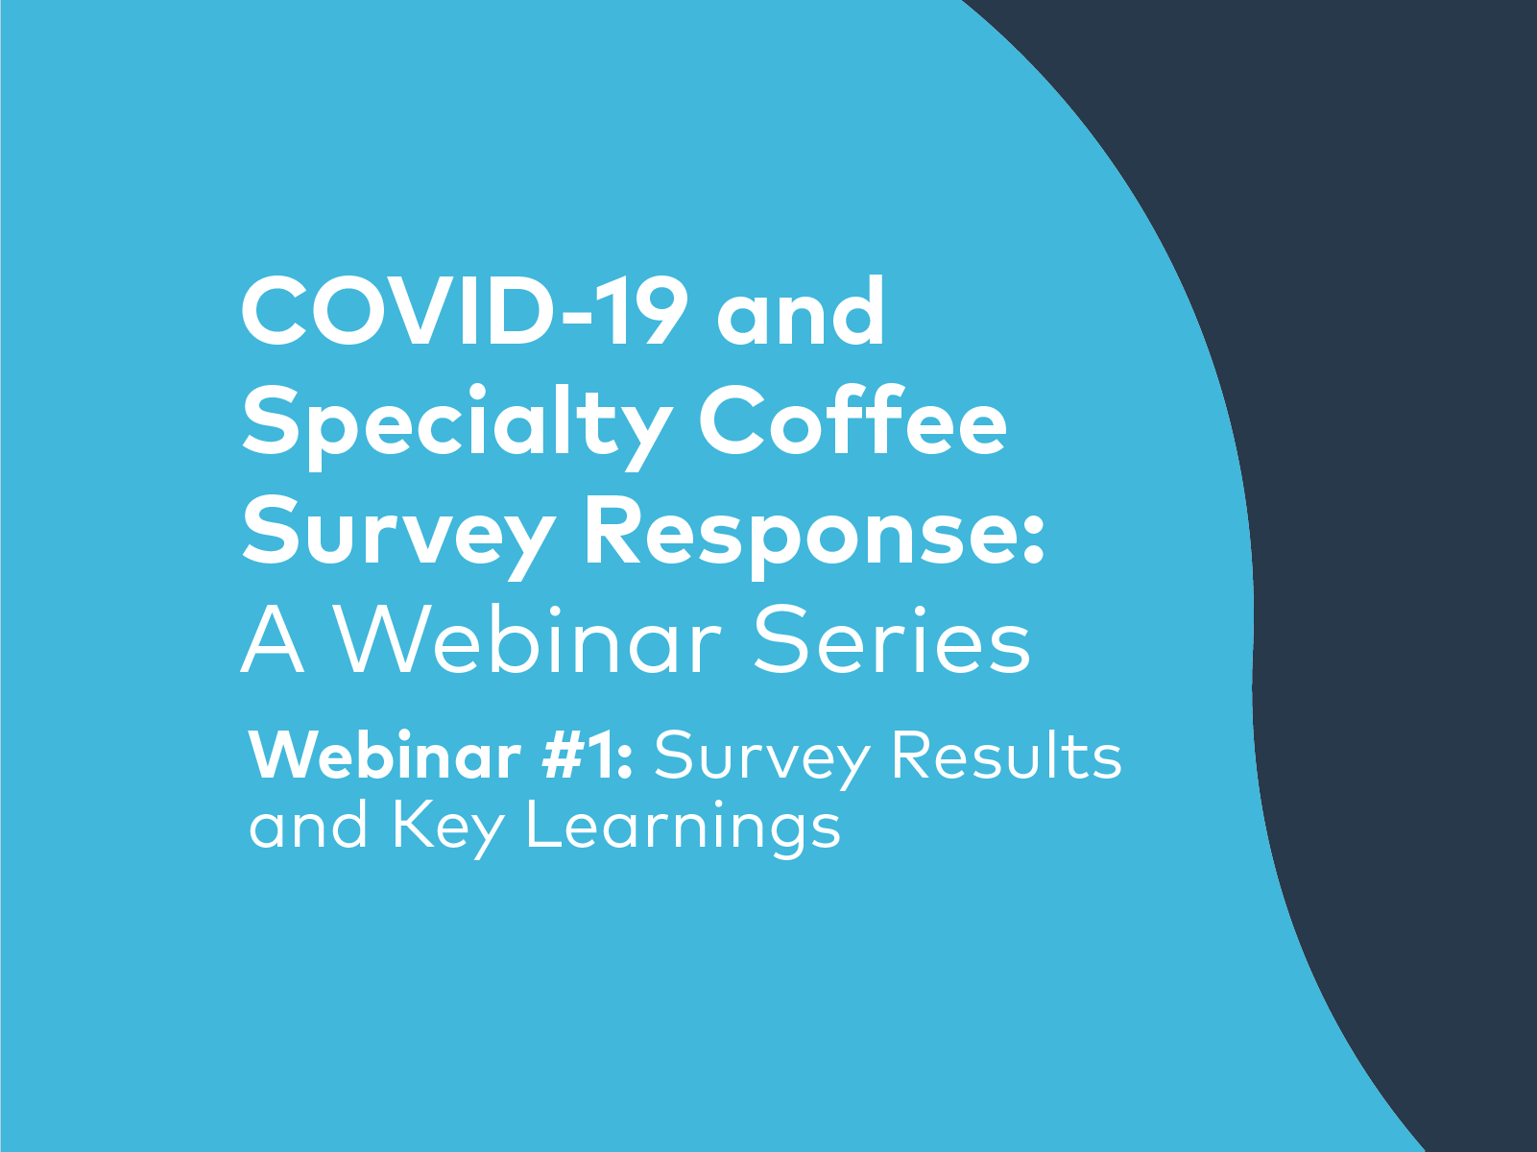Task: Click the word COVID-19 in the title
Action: point(465,312)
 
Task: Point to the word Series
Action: point(892,641)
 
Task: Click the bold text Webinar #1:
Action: point(441,756)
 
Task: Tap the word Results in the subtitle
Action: point(1006,756)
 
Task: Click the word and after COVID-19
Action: point(801,314)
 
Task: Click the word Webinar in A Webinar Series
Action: point(531,641)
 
